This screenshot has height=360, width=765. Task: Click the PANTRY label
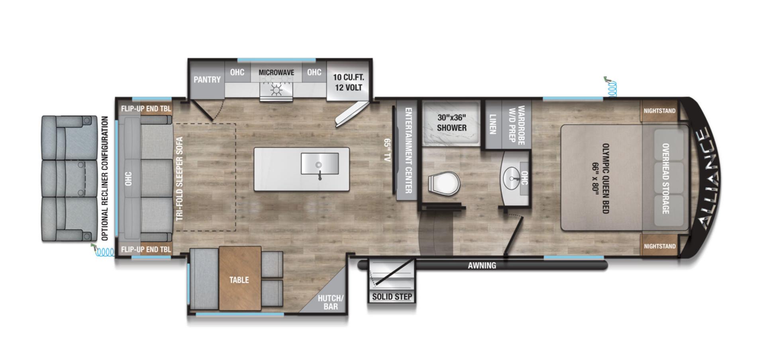(x=207, y=80)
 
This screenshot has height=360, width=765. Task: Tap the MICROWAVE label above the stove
(x=276, y=72)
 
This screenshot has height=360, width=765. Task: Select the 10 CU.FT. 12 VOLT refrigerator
(x=349, y=82)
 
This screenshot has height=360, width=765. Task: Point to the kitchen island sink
(x=320, y=164)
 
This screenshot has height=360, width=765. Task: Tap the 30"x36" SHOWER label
(x=451, y=123)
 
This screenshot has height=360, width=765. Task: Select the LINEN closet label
(x=492, y=124)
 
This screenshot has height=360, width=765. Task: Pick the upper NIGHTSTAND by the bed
(x=659, y=111)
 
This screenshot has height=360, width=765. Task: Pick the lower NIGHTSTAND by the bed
(x=659, y=246)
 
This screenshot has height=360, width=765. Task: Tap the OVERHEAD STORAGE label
(x=665, y=178)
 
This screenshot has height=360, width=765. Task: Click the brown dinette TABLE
(x=239, y=280)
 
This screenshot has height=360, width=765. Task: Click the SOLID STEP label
(x=392, y=297)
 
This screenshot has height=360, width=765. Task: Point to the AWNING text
(x=482, y=265)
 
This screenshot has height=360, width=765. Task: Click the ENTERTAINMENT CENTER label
(x=408, y=151)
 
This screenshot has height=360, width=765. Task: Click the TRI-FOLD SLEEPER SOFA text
(x=179, y=178)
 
